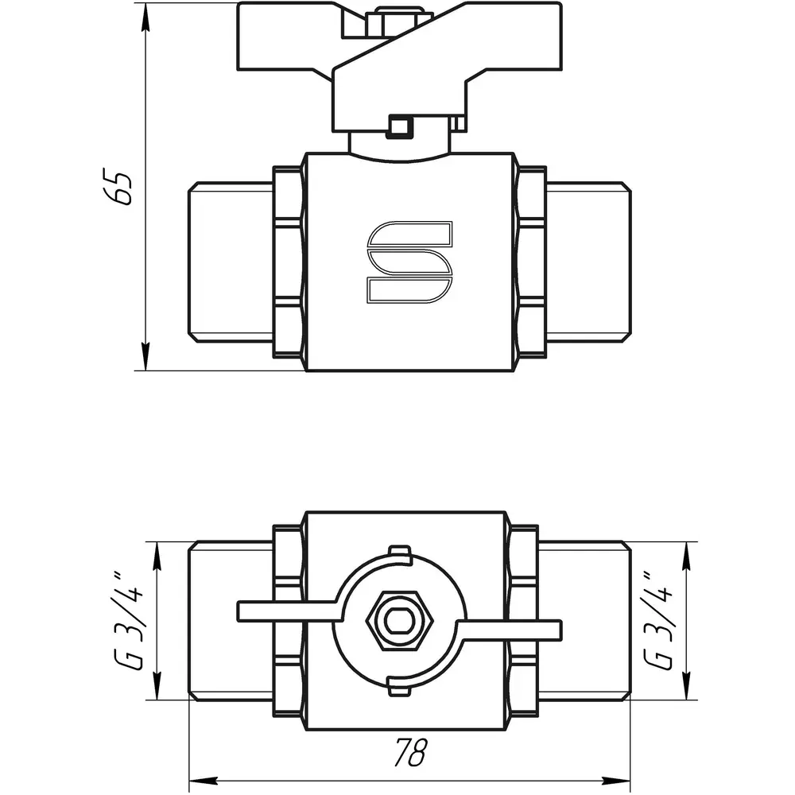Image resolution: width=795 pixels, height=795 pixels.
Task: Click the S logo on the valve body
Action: tap(409, 262)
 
